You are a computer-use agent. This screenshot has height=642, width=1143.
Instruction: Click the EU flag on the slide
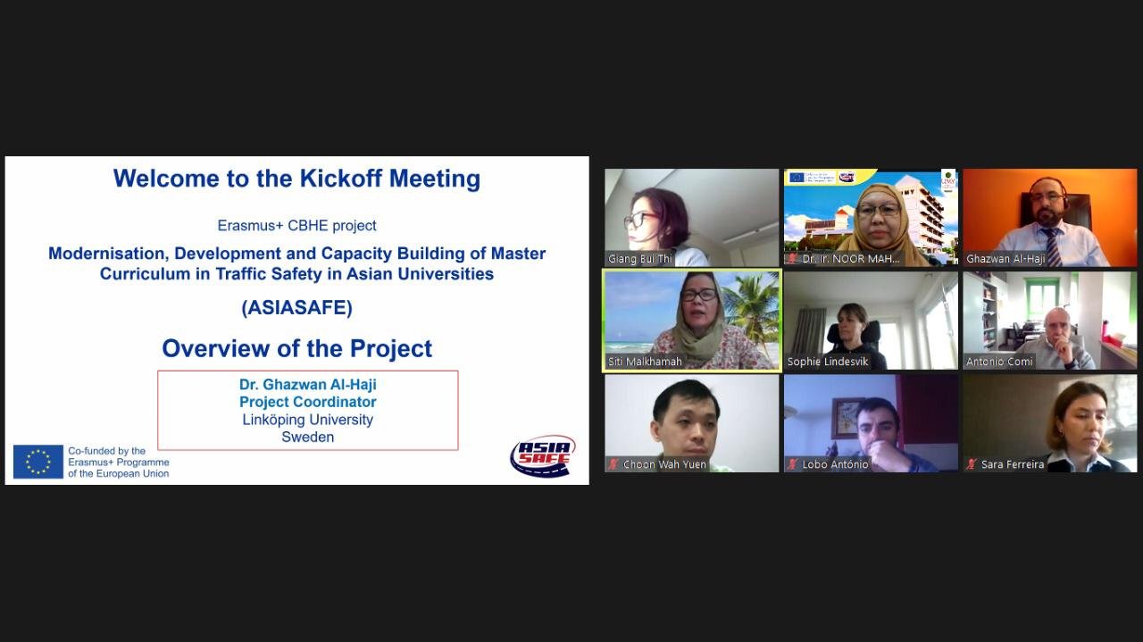[x=38, y=462]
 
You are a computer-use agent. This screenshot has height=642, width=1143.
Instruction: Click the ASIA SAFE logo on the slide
[x=542, y=455]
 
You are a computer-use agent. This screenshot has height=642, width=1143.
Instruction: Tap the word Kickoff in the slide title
[x=340, y=179]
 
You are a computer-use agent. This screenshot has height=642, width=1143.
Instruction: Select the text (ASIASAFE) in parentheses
[x=297, y=308]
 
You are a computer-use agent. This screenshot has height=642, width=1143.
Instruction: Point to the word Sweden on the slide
[x=308, y=437]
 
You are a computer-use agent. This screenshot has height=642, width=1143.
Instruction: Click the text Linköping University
[x=308, y=420]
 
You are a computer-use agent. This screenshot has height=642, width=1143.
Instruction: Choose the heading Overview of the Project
[x=297, y=348]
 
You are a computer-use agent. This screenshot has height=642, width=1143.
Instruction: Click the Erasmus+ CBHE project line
[x=297, y=226]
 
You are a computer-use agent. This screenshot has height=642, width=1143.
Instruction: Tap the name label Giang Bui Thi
[x=640, y=259]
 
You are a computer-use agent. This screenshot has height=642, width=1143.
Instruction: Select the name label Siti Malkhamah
[x=645, y=362]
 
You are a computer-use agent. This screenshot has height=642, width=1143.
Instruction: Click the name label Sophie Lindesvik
[x=828, y=362]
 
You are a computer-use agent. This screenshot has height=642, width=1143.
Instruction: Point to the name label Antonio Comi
[x=999, y=362]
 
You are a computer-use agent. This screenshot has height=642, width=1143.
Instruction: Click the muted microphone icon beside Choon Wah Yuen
[x=613, y=464]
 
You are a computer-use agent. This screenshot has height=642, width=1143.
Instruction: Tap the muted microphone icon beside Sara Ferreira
[x=972, y=464]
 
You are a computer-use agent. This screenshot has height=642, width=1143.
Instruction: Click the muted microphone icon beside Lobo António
[x=792, y=464]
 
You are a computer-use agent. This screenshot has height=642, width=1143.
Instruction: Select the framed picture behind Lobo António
[x=846, y=417]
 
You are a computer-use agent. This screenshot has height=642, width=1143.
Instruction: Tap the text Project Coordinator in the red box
[x=308, y=402]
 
